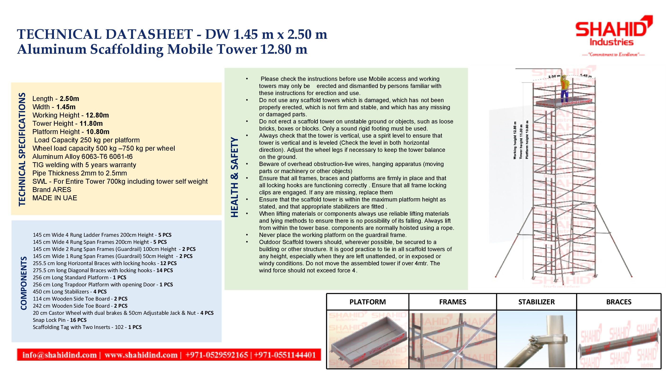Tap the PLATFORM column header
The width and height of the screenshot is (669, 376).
tap(367, 302)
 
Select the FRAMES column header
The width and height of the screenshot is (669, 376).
tap(452, 302)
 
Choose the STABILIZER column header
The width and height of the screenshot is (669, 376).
tap(536, 302)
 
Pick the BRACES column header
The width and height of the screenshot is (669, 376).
tap(619, 302)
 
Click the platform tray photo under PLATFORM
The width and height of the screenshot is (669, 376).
tap(367, 339)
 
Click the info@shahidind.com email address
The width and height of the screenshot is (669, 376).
tap(59, 355)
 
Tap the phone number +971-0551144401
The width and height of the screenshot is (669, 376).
tap(285, 355)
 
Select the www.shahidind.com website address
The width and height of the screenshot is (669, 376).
tap(141, 355)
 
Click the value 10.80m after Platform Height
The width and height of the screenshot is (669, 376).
tap(98, 132)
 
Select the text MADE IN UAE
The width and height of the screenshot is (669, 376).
tap(54, 198)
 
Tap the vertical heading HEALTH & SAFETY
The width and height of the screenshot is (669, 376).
tap(234, 177)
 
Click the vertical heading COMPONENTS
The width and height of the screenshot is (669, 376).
tap(24, 283)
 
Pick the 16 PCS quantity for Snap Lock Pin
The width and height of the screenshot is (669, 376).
tap(78, 320)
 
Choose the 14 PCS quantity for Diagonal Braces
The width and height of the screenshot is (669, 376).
tap(164, 270)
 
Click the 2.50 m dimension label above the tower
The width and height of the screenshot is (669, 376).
tap(554, 76)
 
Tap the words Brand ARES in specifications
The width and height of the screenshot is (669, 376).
tap(52, 190)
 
